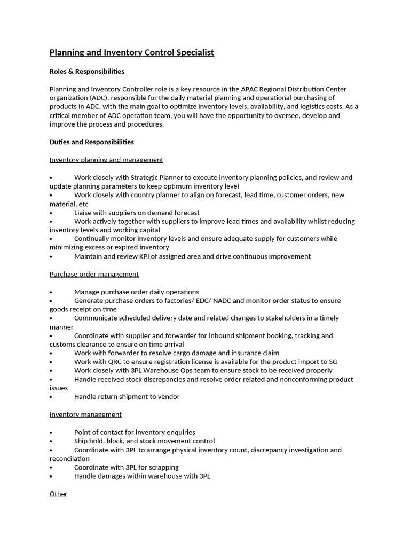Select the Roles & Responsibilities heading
[x=87, y=72]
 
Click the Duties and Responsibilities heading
[x=92, y=142]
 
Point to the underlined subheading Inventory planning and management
[x=106, y=160]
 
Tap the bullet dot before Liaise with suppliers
[x=51, y=213]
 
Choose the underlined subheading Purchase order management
[x=94, y=274]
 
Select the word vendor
[x=168, y=397]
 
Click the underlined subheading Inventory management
[x=85, y=415]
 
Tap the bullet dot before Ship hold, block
[x=51, y=442]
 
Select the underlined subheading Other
[x=58, y=494]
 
